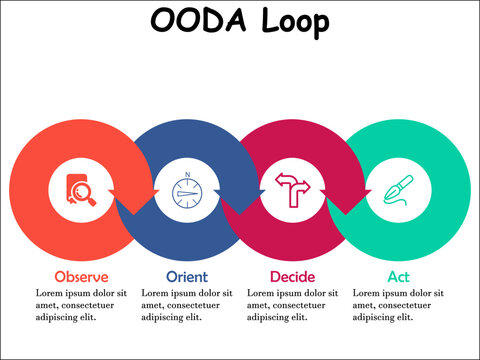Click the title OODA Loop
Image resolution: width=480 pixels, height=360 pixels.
tap(239, 21)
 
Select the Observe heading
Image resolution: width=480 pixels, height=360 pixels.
tap(82, 276)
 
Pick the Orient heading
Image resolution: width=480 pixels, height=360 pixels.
tap(186, 276)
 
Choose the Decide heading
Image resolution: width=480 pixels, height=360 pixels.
tap(293, 276)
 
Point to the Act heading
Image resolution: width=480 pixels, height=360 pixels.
tap(398, 276)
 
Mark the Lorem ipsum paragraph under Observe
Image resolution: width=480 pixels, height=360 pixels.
tap(82, 305)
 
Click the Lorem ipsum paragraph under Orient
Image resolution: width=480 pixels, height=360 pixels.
tap(188, 305)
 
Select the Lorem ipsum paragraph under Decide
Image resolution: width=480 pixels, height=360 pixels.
tap(293, 305)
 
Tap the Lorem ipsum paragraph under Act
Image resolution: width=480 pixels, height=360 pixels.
tap(398, 305)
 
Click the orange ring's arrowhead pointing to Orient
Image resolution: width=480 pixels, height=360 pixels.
tap(133, 200)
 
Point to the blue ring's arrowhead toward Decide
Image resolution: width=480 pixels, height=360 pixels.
tap(239, 200)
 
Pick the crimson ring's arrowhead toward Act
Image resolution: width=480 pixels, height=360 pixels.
tap(345, 200)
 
